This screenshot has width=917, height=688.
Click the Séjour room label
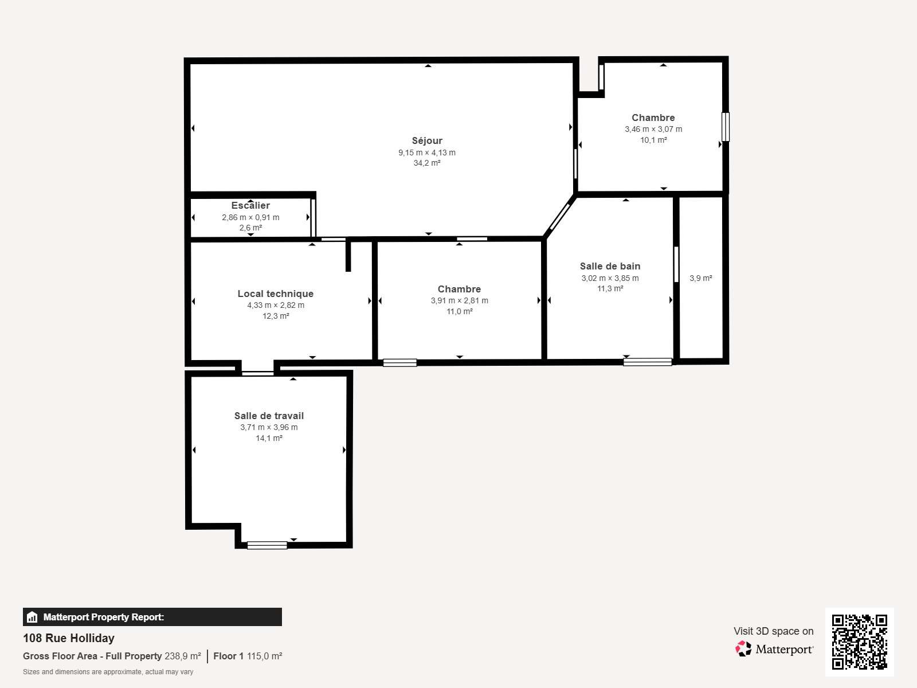(x=427, y=140)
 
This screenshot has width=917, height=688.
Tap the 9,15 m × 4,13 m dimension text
(x=427, y=153)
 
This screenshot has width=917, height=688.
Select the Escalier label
(x=250, y=205)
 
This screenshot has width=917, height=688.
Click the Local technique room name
(x=276, y=294)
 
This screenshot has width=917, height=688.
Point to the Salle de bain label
(x=610, y=266)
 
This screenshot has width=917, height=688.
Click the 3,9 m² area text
(x=700, y=278)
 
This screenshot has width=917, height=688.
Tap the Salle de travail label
(x=269, y=416)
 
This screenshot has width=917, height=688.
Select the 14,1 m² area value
(x=269, y=438)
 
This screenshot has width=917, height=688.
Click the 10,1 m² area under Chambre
(x=653, y=140)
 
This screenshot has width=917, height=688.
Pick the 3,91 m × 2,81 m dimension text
(x=460, y=300)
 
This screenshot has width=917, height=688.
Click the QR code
(x=859, y=642)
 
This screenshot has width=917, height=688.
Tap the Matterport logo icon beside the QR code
(x=743, y=648)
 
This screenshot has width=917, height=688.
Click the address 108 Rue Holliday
(x=69, y=638)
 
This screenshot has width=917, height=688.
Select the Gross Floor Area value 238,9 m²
(x=183, y=656)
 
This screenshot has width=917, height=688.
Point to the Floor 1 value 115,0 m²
(x=264, y=656)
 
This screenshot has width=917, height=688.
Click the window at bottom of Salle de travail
(x=267, y=545)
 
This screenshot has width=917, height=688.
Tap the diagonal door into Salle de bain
(x=560, y=216)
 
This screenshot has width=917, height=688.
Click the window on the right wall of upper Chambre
(x=726, y=127)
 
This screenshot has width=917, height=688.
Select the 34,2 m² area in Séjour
(x=427, y=163)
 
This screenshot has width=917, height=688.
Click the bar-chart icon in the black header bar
(x=32, y=617)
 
